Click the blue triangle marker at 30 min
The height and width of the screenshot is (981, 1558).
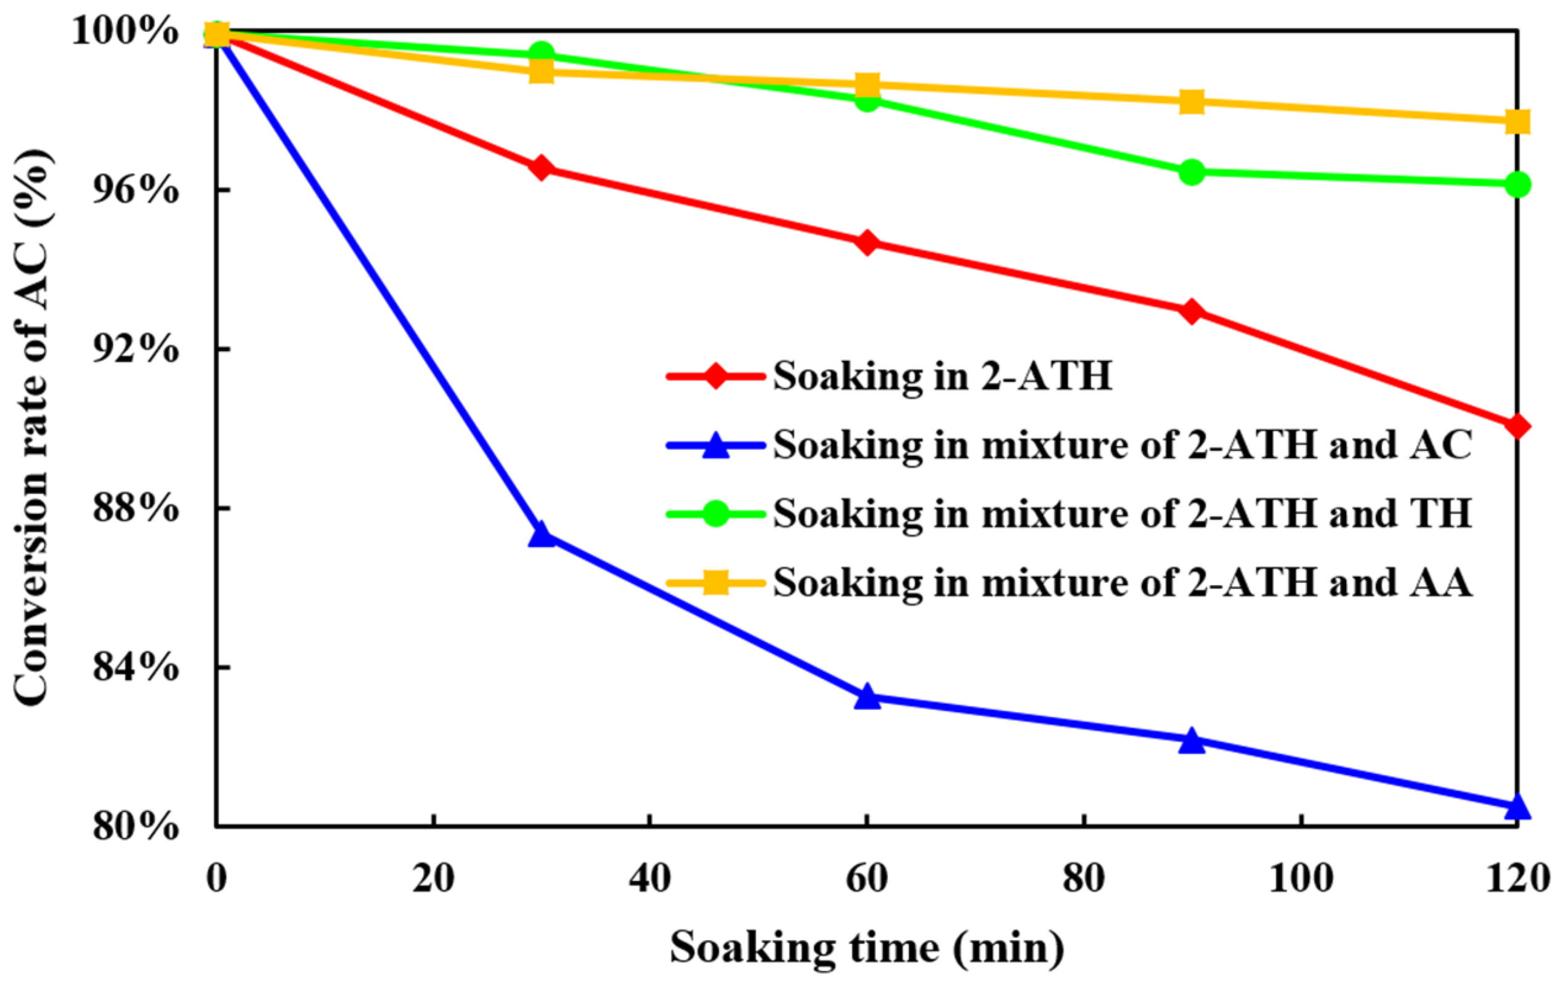tap(541, 535)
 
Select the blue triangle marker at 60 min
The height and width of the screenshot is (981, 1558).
tap(867, 698)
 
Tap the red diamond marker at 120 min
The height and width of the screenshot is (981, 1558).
tap(1517, 426)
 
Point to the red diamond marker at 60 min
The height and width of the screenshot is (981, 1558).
tap(867, 243)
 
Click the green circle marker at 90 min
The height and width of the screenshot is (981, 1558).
tap(1191, 172)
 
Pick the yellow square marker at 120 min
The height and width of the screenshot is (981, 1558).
tap(1517, 121)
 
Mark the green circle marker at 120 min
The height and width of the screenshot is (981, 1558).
tap(1517, 184)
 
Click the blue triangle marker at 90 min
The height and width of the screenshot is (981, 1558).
tap(1191, 741)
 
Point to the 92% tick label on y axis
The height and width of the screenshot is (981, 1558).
tap(134, 349)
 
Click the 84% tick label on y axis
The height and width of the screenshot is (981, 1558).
tap(134, 667)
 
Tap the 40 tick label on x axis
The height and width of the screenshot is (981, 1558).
tap(649, 879)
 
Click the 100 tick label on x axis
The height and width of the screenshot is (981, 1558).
tap(1300, 879)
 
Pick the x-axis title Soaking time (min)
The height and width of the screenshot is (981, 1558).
tap(867, 947)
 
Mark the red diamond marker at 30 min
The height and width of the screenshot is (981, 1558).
tap(541, 168)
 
